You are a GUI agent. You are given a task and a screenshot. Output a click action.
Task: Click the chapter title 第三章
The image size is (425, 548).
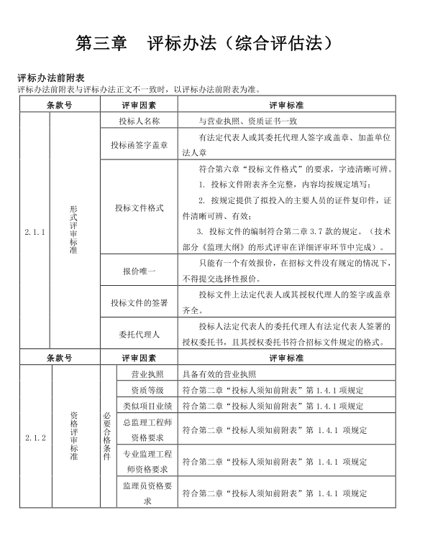pyautogui.click(x=101, y=42)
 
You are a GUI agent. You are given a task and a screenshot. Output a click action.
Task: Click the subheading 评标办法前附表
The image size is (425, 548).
pyautogui.click(x=52, y=78)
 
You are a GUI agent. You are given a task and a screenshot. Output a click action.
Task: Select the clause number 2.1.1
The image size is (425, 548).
pyautogui.click(x=35, y=232)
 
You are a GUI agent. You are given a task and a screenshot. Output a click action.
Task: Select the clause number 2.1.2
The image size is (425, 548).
pyautogui.click(x=35, y=437)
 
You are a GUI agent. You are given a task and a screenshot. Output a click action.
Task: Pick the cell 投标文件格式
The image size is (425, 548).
pyautogui.click(x=140, y=208)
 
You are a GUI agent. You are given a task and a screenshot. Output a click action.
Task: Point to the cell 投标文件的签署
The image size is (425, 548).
pyautogui.click(x=140, y=302)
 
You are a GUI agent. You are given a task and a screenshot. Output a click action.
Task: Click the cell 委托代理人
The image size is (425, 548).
pyautogui.click(x=140, y=334)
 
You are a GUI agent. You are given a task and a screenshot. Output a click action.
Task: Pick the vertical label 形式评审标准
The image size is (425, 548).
pyautogui.click(x=73, y=231)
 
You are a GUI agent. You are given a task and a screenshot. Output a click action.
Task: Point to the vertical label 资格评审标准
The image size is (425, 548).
pyautogui.click(x=73, y=436)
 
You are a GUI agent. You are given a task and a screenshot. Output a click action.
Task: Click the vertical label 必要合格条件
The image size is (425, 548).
pyautogui.click(x=107, y=436)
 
